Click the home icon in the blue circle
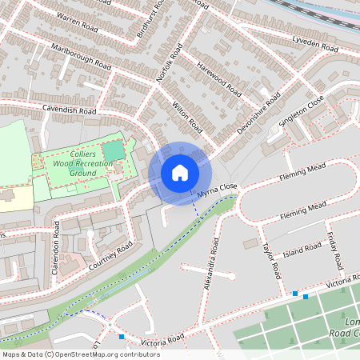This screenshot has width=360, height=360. (180, 172)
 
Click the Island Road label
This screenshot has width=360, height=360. (302, 251)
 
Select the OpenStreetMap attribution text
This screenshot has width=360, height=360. (80, 354)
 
